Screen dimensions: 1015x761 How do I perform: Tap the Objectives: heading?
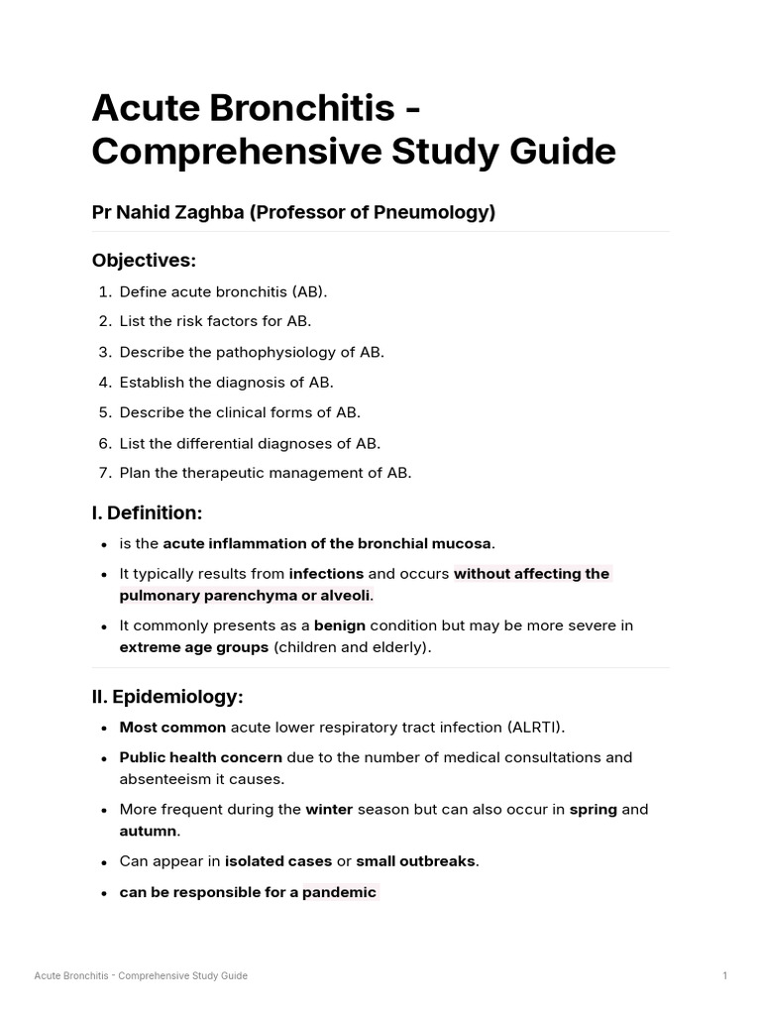coord(144,261)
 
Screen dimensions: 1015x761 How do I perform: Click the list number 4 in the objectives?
coord(104,383)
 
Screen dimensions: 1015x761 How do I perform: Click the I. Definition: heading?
coord(147,513)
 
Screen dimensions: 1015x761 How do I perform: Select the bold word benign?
coord(340,625)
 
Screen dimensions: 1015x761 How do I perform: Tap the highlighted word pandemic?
coord(339,892)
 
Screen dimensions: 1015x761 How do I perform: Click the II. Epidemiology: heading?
coord(166,697)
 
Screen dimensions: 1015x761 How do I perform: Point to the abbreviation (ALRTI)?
coord(535,728)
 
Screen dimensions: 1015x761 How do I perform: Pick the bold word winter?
coord(329,809)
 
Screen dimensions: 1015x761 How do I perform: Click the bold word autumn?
coord(148,831)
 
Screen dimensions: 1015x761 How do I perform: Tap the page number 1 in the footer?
coord(724,976)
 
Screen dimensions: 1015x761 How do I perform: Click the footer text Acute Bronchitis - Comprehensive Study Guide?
coord(141,976)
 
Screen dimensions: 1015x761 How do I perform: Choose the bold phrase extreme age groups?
coord(194,647)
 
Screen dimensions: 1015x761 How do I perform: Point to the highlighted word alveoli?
coord(343,596)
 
